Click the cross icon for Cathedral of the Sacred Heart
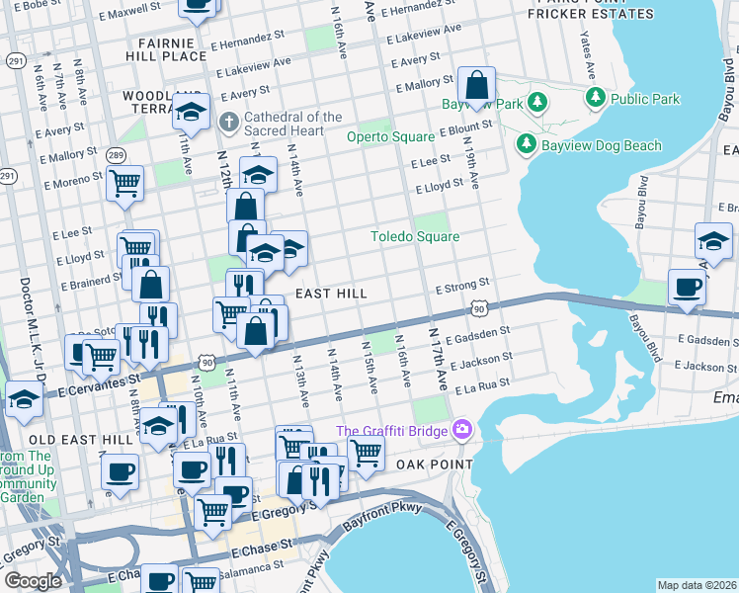(x=228, y=125)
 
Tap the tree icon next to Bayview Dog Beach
(x=526, y=145)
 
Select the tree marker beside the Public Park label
(x=595, y=98)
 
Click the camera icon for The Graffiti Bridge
(x=460, y=430)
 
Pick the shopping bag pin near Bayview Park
(x=477, y=87)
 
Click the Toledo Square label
(x=414, y=237)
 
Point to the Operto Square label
(x=389, y=137)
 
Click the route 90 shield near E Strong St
(x=479, y=309)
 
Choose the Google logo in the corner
(x=33, y=581)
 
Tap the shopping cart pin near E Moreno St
(x=125, y=184)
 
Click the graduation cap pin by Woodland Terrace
(x=192, y=111)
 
